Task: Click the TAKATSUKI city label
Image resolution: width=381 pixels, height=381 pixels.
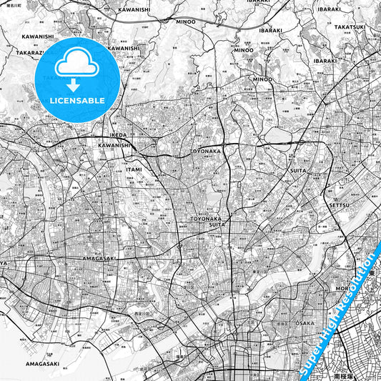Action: [350, 26]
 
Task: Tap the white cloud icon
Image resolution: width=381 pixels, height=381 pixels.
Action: [76, 65]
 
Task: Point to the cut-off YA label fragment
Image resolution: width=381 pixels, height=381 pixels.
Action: [4, 263]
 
